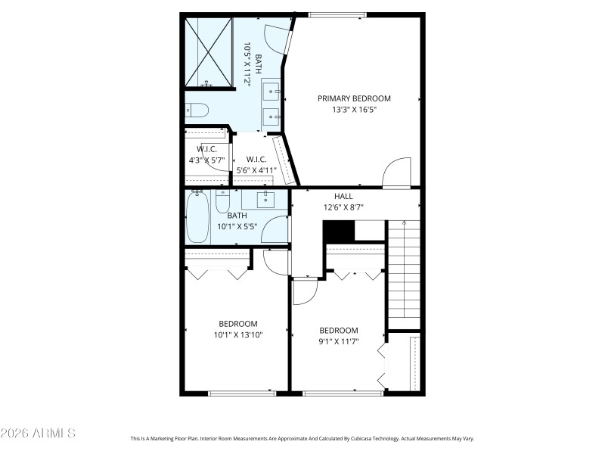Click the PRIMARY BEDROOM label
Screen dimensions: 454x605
coord(354,98)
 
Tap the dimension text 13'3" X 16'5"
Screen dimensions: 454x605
coord(354,110)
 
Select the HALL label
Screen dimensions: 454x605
coord(343,196)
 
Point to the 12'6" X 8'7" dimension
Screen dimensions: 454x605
coord(343,207)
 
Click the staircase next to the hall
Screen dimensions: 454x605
coord(404,269)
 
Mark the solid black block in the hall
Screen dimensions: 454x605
coord(338,231)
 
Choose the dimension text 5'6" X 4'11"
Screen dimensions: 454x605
coord(256,170)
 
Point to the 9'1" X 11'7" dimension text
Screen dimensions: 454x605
coord(338,341)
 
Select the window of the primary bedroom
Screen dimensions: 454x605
coord(332,14)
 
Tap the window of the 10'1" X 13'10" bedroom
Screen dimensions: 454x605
coord(242,393)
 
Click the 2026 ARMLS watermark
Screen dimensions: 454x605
coord(38,434)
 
